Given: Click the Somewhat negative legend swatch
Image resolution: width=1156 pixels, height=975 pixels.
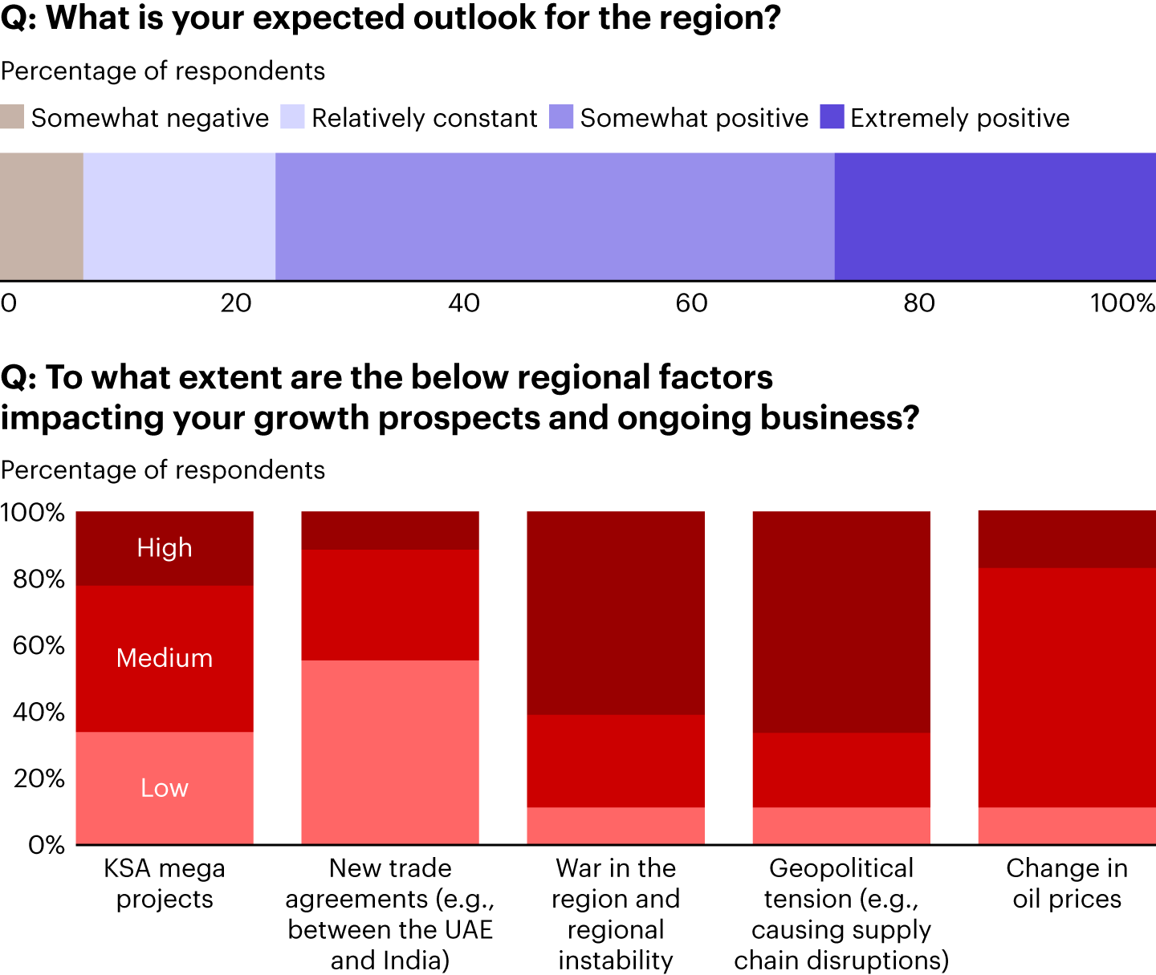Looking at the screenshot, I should point(12,117).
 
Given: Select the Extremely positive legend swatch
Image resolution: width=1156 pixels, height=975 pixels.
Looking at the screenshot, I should point(832,117).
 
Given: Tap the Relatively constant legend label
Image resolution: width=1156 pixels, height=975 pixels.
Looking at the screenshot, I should point(424,118).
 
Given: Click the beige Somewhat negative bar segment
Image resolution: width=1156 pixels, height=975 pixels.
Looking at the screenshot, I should point(41,216).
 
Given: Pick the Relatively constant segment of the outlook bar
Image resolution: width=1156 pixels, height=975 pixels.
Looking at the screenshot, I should point(179,216).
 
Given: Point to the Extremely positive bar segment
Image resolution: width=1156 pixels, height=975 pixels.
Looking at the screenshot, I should point(995,216).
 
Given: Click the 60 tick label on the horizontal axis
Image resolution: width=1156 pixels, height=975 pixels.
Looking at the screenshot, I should point(691,303).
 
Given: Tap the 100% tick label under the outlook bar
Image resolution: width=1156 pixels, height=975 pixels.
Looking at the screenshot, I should point(1121,303).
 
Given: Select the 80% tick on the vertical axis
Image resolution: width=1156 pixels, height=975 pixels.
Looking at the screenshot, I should point(39,579).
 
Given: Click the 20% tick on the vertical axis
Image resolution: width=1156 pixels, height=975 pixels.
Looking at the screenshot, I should point(39,778).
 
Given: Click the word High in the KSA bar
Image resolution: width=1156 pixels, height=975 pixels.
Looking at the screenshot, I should point(165,547).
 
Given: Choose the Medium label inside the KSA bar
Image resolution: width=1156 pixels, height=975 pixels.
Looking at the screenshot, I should point(165,658).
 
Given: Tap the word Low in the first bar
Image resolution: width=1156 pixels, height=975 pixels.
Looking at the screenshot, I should point(165,788).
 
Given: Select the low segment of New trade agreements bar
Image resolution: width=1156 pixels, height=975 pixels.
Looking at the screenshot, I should point(390,752).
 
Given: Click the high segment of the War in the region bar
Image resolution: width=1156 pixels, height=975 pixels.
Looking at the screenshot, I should point(616,613).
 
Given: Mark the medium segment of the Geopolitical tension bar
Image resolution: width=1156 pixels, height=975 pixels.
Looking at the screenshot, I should point(841,770).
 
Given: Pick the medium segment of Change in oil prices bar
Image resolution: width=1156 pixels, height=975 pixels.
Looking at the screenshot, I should point(1067,687).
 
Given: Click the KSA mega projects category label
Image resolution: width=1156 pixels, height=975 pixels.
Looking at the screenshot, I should point(165,883).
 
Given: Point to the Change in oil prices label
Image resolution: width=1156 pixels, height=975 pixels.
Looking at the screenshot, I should point(1067,883).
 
